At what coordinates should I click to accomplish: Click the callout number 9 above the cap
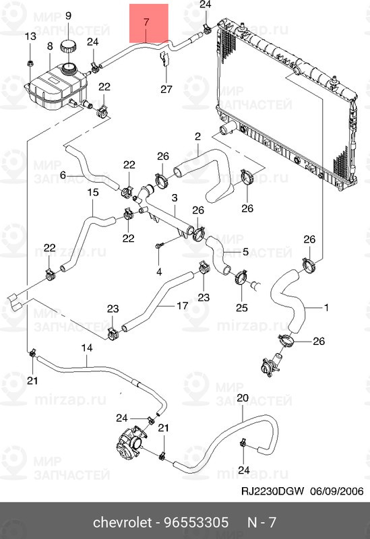(x=68, y=15)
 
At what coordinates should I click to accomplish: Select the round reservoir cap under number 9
(x=68, y=46)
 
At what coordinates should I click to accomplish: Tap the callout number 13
(x=30, y=36)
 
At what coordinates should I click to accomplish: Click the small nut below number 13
(x=30, y=63)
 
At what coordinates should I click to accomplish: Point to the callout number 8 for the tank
(x=50, y=46)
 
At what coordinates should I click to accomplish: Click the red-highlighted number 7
(x=146, y=22)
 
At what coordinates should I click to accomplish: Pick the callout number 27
(x=166, y=90)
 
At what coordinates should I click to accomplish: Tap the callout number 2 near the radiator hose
(x=197, y=137)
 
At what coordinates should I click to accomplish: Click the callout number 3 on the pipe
(x=175, y=197)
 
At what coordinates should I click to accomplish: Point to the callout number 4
(x=159, y=272)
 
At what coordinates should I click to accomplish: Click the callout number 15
(x=93, y=192)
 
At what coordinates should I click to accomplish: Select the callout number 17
(x=182, y=305)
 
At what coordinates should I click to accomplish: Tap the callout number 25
(x=242, y=307)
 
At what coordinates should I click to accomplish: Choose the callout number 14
(x=87, y=348)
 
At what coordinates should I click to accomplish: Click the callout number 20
(x=243, y=398)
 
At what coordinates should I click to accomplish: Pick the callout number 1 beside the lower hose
(x=326, y=307)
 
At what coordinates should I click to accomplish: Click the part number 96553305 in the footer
(x=196, y=523)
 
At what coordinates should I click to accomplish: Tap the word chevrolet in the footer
(x=123, y=523)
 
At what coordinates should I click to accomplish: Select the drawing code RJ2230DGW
(x=273, y=491)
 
